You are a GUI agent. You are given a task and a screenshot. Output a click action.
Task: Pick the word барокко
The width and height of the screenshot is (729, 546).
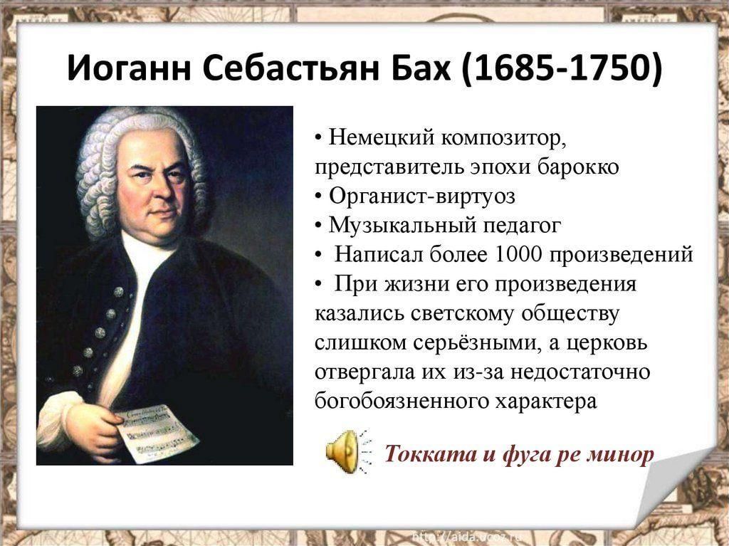(x=578, y=167)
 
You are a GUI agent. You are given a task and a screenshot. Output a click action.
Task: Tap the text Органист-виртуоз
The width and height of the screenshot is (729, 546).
(x=422, y=196)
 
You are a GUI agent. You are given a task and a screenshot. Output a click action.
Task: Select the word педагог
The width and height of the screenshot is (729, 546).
(x=522, y=226)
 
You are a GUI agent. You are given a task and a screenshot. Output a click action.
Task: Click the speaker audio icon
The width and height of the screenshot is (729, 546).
(x=348, y=451)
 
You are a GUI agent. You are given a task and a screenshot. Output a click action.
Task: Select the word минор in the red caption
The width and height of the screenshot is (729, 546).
(x=620, y=454)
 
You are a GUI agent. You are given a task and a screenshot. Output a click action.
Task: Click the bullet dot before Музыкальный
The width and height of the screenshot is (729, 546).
(x=318, y=226)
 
